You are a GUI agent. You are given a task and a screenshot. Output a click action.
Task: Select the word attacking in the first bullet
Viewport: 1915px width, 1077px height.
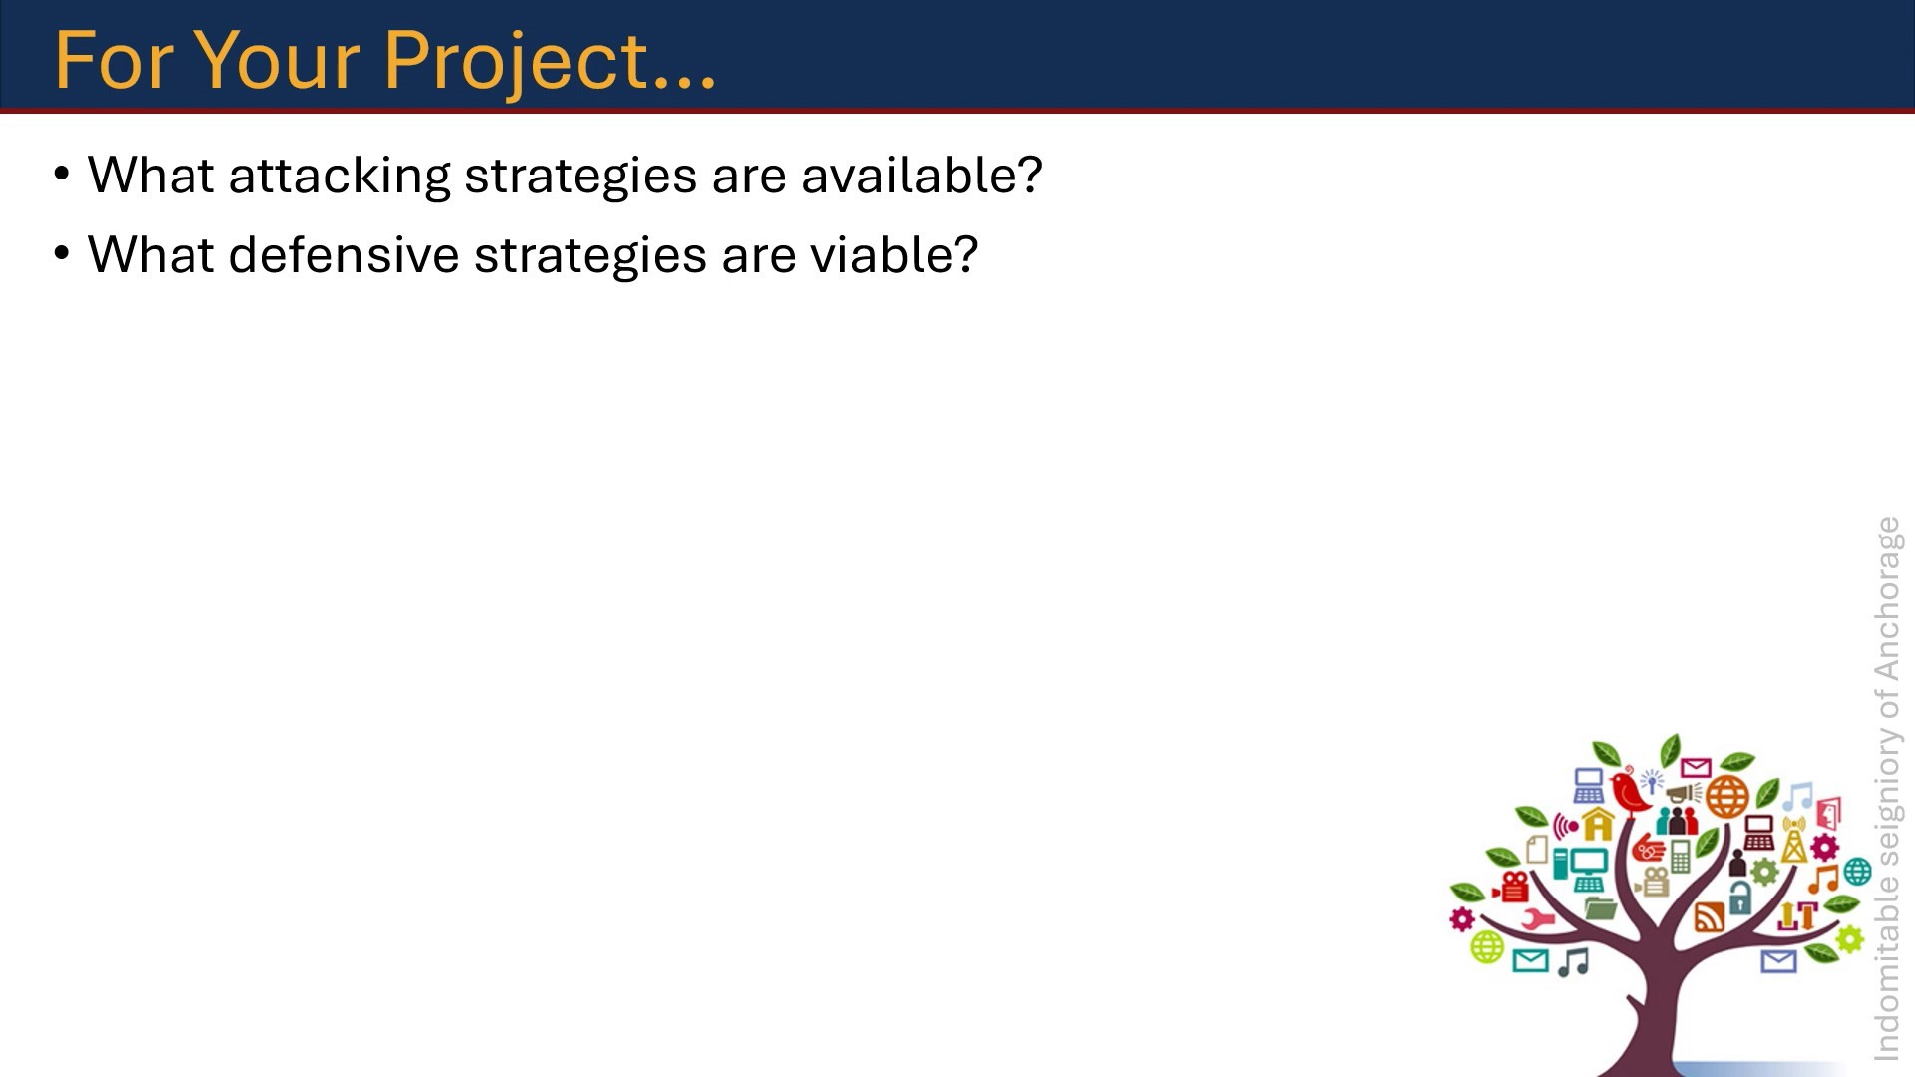(339, 178)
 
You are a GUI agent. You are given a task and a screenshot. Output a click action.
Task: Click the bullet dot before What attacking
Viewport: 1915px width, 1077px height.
(62, 176)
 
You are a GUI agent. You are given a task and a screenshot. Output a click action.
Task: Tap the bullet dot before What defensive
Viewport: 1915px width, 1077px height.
(62, 255)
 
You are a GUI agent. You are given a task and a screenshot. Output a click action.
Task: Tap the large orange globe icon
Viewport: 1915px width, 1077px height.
(1727, 797)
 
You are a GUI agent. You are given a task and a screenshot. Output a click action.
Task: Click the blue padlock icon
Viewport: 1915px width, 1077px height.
(1740, 897)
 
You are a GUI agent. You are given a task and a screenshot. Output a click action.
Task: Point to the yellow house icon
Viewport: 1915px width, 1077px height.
(1598, 825)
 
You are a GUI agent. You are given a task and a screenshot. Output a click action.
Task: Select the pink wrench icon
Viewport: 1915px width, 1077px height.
(1537, 918)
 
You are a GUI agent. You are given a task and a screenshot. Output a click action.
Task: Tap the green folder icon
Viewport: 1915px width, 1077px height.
(1600, 907)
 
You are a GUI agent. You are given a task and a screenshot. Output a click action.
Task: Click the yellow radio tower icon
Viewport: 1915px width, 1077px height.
(1794, 840)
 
